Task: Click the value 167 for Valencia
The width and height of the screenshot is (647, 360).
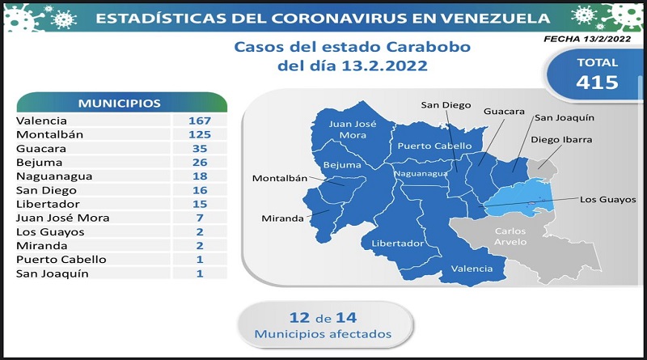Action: tap(200, 121)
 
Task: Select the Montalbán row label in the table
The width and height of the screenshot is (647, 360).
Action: tap(49, 134)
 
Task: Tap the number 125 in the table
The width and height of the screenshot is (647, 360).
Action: tap(200, 134)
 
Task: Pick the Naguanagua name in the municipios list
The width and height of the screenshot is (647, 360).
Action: tap(54, 176)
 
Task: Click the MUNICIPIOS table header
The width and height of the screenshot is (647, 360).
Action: tap(120, 104)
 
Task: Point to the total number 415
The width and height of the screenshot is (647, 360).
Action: tap(597, 83)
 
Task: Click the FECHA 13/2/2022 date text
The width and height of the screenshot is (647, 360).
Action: tap(587, 39)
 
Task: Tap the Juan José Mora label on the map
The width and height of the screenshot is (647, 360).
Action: tap(353, 129)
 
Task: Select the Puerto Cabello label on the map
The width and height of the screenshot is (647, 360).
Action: tap(434, 146)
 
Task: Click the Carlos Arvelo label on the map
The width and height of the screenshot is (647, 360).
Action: tap(510, 236)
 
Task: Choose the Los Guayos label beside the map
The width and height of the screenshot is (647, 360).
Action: tap(608, 200)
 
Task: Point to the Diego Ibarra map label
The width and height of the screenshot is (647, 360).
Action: tap(561, 139)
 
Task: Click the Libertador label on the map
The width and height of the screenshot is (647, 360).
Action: tap(397, 244)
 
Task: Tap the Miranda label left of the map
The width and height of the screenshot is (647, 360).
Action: tap(282, 218)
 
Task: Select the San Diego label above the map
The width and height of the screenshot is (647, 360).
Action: tap(446, 105)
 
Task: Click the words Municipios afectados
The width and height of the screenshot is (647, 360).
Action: tap(323, 334)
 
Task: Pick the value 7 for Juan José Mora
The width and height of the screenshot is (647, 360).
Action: tap(200, 218)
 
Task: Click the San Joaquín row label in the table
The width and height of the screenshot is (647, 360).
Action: tap(52, 273)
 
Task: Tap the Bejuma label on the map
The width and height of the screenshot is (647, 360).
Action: tap(342, 165)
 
